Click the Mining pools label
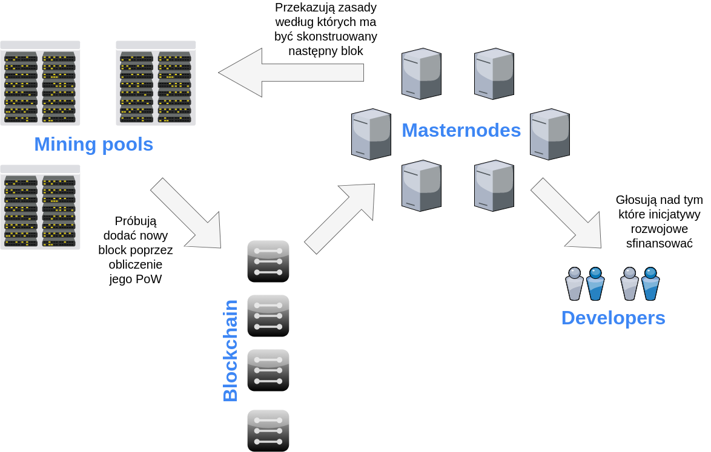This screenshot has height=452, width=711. click(93, 145)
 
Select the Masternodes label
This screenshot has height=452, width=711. click(461, 130)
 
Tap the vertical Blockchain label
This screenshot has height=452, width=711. click(231, 351)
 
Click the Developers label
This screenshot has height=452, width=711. click(613, 318)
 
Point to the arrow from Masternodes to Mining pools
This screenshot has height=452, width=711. click(291, 73)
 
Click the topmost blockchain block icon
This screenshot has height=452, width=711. click(268, 261)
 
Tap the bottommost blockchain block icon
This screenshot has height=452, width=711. click(268, 430)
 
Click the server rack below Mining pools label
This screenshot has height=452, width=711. click(40, 207)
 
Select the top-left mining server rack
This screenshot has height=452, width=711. click(40, 83)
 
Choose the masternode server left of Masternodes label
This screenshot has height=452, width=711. click(371, 134)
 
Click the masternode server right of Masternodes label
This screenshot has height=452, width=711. click(549, 134)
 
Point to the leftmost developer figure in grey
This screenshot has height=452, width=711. click(574, 284)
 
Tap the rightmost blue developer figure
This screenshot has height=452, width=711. click(650, 284)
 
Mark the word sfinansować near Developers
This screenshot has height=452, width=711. click(659, 243)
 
